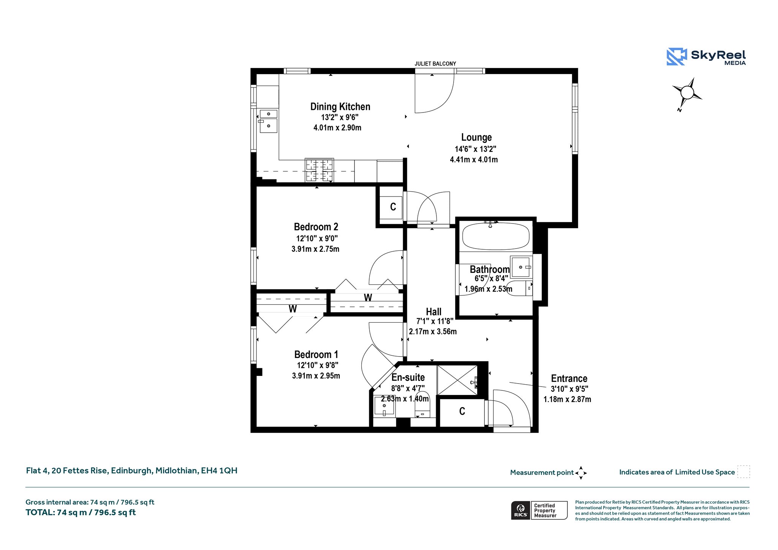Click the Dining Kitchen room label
340,107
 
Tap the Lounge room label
476,138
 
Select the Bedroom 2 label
316,227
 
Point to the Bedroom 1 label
316,355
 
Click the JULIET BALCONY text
435,64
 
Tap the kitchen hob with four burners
319,170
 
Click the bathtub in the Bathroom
496,236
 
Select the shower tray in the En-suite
457,380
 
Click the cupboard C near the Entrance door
462,412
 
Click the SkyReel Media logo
706,57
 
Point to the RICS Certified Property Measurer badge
539,510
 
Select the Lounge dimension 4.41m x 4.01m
474,160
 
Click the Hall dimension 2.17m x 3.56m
433,331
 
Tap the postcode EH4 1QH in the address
219,471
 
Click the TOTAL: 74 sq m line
81,512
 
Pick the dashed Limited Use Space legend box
743,472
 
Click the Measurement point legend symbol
581,473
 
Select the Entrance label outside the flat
569,379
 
